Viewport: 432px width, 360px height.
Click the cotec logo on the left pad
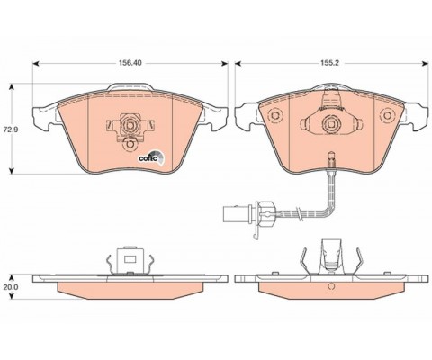pyautogui.click(x=150, y=157)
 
